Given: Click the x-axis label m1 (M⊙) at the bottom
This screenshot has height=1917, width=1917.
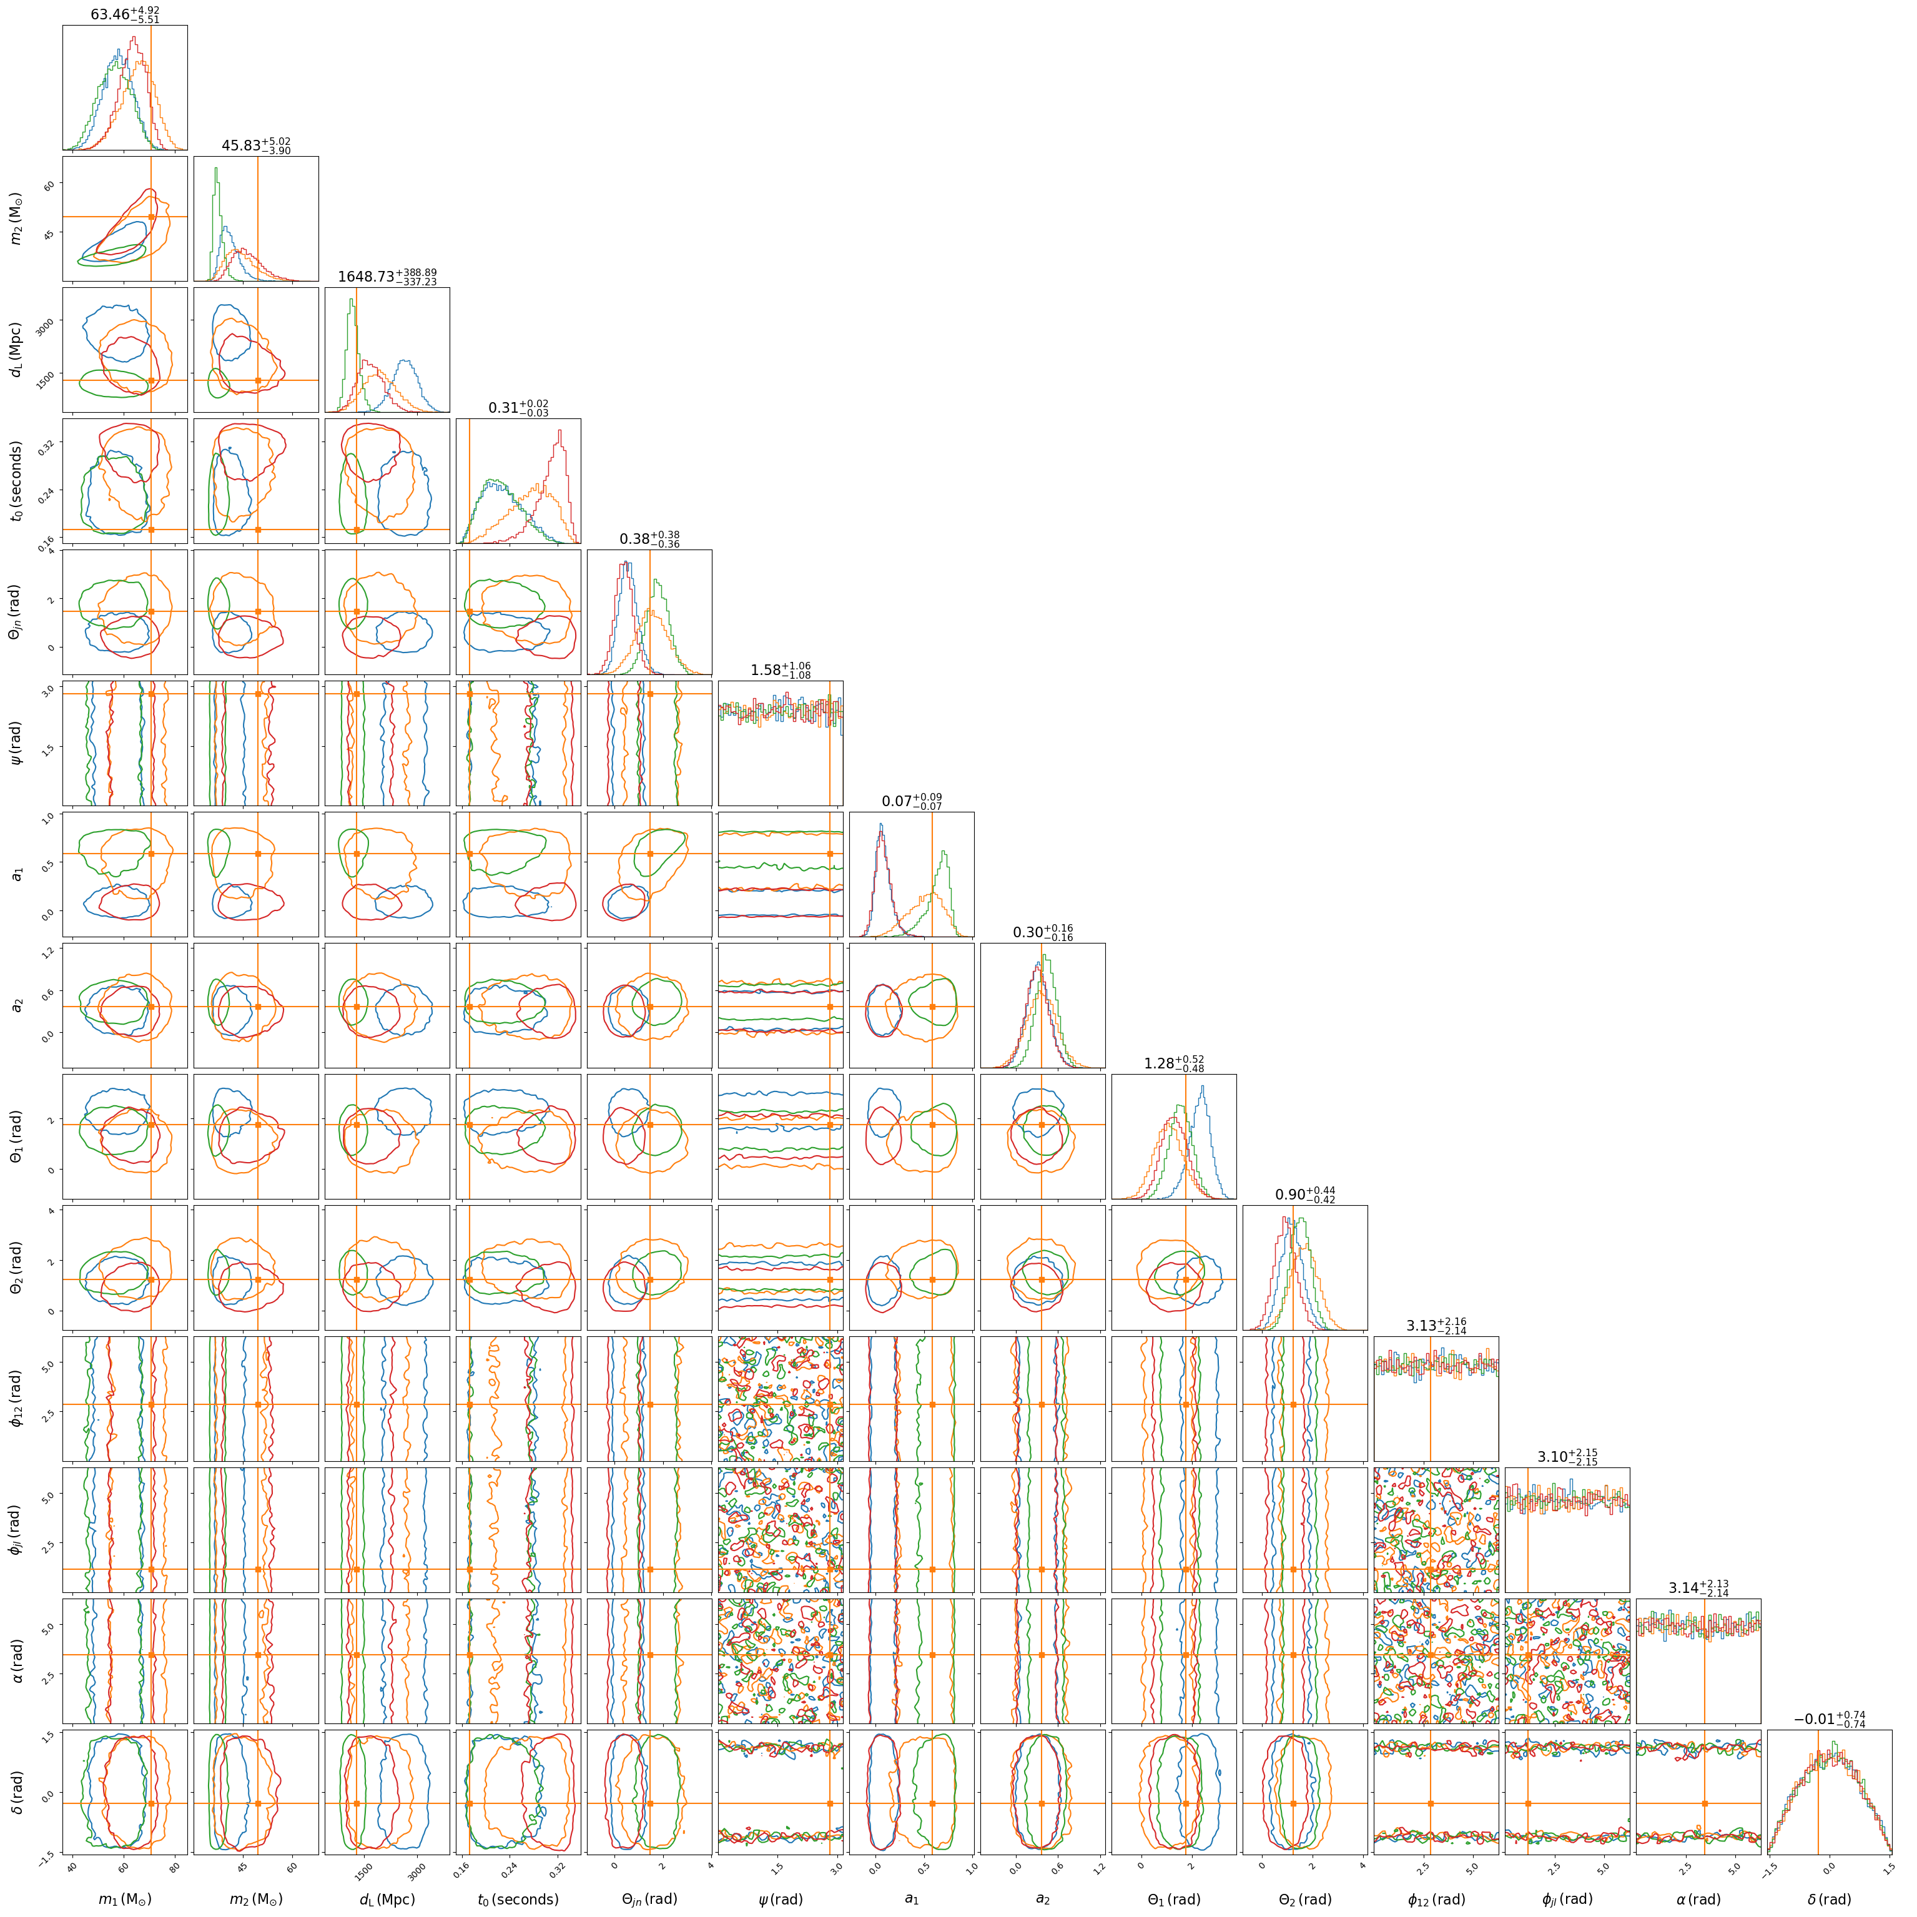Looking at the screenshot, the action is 125,1899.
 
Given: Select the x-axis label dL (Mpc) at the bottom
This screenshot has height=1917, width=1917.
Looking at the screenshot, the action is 387,1899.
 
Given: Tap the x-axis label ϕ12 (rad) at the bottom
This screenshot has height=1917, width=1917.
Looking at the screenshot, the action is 1436,1899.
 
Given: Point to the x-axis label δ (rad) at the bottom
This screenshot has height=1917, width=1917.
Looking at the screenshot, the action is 1829,1899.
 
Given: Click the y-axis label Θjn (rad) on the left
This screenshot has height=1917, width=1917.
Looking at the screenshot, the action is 17,611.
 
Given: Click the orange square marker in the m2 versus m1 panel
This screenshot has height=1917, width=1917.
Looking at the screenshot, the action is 151,216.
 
